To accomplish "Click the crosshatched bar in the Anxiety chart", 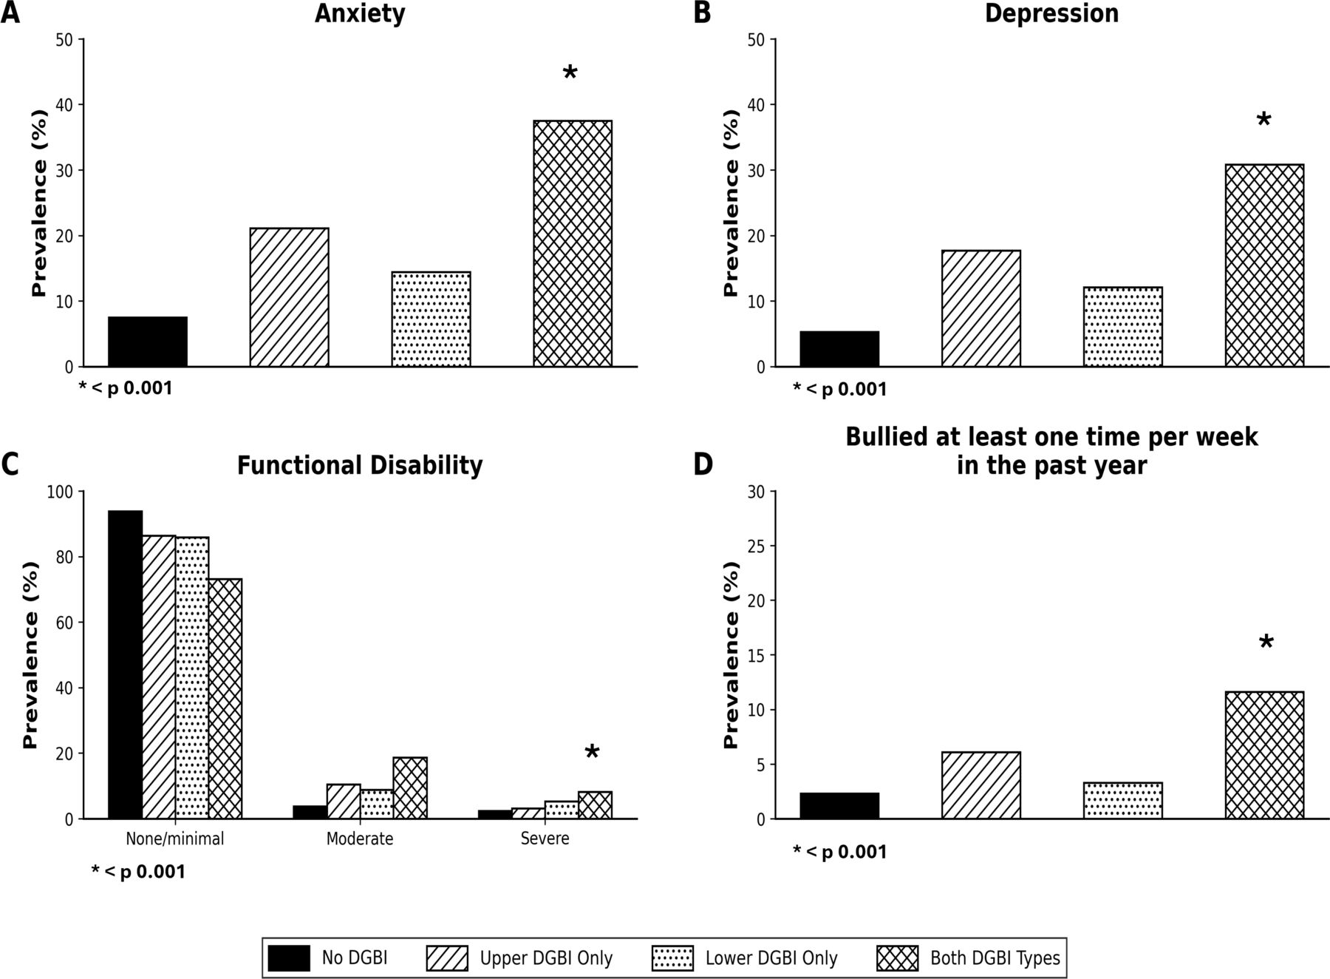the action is pyautogui.click(x=573, y=243).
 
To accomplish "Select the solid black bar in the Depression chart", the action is pyautogui.click(x=839, y=349).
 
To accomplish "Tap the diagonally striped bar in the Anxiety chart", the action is pyautogui.click(x=289, y=297).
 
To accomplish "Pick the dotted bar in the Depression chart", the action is pyautogui.click(x=1123, y=327).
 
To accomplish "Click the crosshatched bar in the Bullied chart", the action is pyautogui.click(x=1264, y=755).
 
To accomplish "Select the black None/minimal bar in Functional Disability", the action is pyautogui.click(x=126, y=665).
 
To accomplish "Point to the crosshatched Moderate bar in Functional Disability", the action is pyautogui.click(x=410, y=788).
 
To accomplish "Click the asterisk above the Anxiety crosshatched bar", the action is pyautogui.click(x=570, y=73).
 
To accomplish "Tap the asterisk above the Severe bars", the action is pyautogui.click(x=592, y=753).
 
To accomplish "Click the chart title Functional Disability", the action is pyautogui.click(x=360, y=466).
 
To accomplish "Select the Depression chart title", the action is pyautogui.click(x=1051, y=13).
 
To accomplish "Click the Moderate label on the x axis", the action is pyautogui.click(x=360, y=839).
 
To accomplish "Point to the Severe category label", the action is pyautogui.click(x=545, y=839).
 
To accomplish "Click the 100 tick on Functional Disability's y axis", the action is pyautogui.click(x=64, y=492).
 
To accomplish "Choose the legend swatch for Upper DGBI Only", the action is pyautogui.click(x=448, y=958).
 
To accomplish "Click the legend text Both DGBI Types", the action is pyautogui.click(x=995, y=959).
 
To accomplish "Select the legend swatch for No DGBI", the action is pyautogui.click(x=289, y=958).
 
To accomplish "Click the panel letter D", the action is pyautogui.click(x=702, y=465).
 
